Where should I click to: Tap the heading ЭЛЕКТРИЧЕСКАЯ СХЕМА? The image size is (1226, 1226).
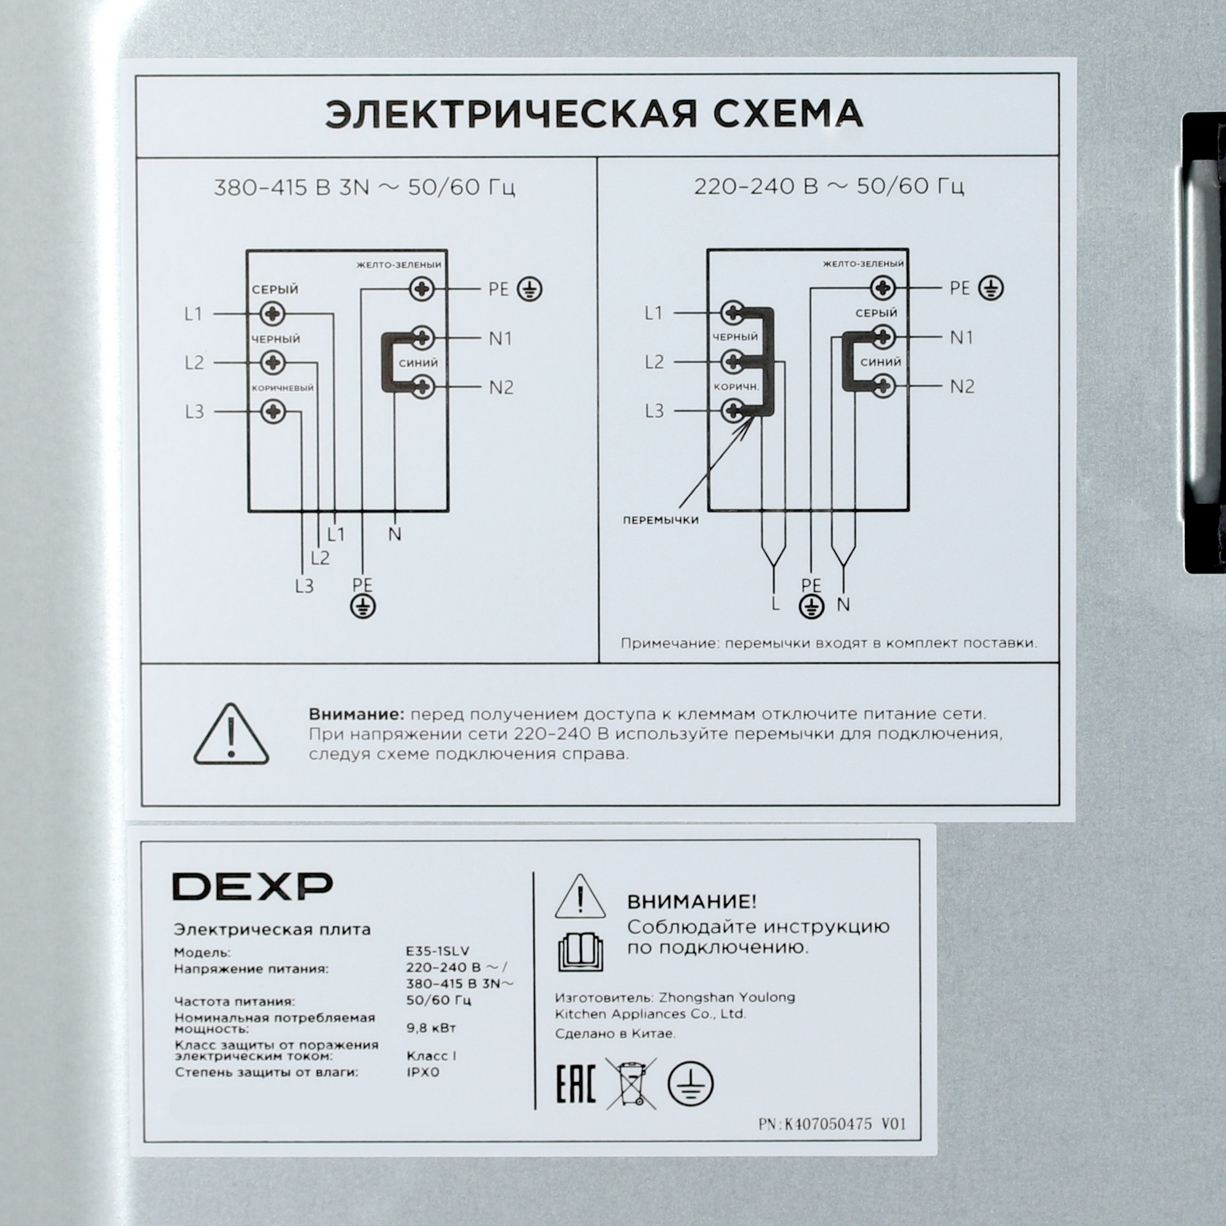coord(594,115)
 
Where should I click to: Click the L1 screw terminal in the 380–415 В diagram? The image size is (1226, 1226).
coord(273,313)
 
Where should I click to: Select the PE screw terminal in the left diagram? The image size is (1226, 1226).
coord(421,289)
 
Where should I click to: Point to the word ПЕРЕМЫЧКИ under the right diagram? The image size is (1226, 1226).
coord(661,520)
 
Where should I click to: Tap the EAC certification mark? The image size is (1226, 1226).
coord(576,1084)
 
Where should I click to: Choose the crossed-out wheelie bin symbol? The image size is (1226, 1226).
coord(631,1083)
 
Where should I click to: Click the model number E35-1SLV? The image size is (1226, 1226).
coord(438,953)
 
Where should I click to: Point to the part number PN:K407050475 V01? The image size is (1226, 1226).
coord(832,1124)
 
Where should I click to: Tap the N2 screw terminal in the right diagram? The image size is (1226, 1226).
coord(883,386)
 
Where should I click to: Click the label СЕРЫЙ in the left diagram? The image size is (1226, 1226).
coord(275,290)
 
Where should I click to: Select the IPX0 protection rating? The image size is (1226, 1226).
coord(422,1072)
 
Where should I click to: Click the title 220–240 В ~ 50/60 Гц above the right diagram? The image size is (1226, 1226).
coord(829,187)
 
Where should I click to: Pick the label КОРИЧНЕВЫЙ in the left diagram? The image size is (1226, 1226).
coord(283,389)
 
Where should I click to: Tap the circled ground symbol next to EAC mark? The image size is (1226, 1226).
coord(690,1084)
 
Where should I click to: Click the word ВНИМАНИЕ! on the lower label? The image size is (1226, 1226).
coord(691,902)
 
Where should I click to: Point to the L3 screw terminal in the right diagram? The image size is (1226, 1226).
coord(734,411)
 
